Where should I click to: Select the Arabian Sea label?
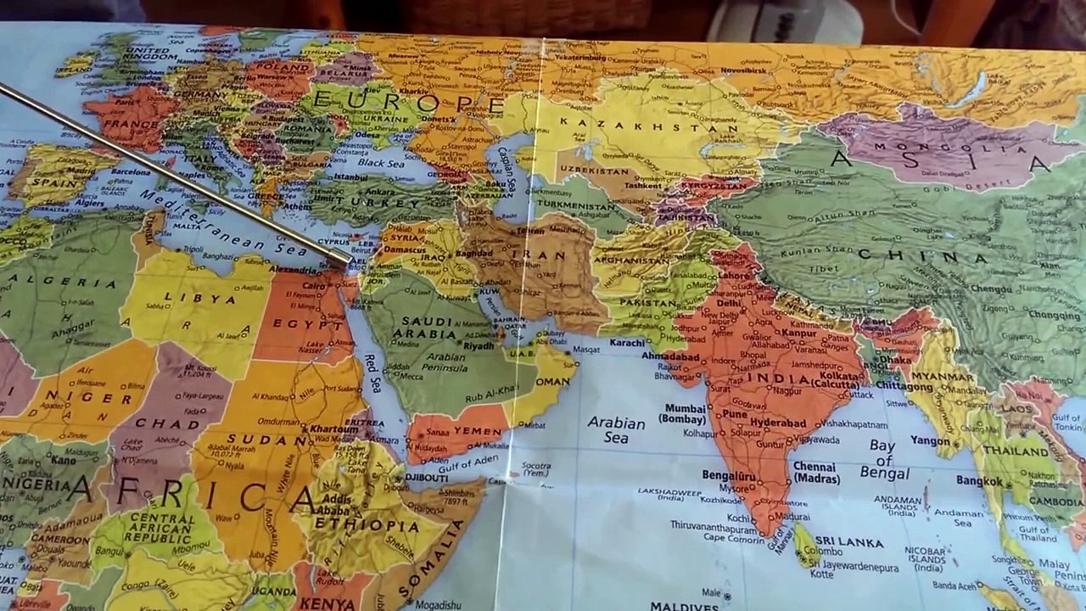tap(617, 429)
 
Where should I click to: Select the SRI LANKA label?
tap(849, 541)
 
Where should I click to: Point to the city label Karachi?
tap(628, 343)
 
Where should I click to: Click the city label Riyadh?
tap(479, 346)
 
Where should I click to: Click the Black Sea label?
tap(381, 162)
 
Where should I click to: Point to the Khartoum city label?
tap(333, 429)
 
